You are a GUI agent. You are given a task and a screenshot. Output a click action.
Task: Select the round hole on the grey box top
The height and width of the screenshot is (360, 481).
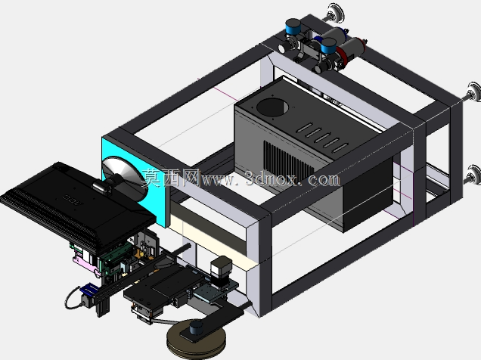tap(272, 107)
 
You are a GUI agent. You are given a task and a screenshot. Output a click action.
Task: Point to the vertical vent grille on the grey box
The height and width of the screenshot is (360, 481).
tap(289, 162)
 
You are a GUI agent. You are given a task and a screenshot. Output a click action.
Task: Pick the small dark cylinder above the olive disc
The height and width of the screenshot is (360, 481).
tap(196, 327)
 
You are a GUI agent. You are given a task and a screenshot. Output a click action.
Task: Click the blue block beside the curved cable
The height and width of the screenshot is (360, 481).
tap(89, 289)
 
